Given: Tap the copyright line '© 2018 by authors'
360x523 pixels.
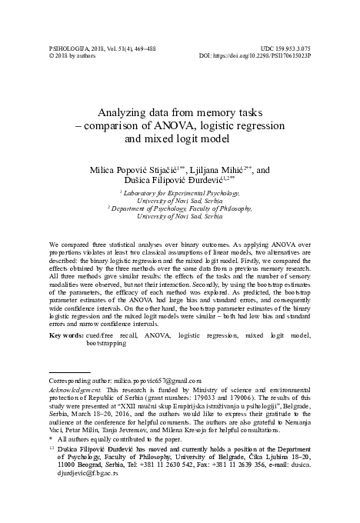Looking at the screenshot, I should pos(74,55).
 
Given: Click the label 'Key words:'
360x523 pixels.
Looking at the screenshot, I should pos(65,336).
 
